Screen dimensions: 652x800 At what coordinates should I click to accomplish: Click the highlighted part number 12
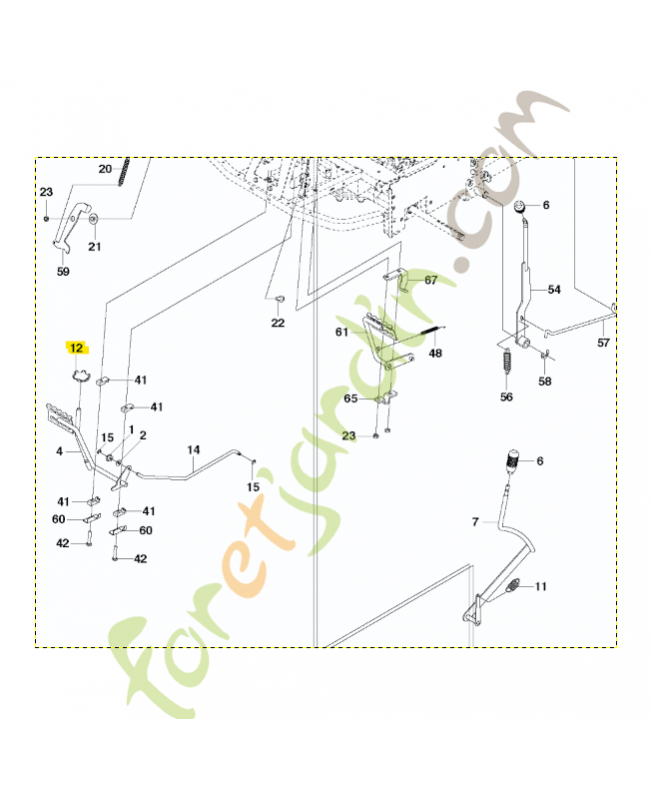(76, 348)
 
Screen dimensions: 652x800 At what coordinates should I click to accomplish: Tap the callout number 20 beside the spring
(105, 169)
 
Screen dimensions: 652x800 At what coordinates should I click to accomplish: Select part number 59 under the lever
(63, 271)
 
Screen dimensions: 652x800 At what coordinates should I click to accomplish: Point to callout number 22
(278, 323)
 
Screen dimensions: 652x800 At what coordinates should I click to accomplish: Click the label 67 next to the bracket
(431, 280)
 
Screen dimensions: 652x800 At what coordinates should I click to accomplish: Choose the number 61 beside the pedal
(342, 332)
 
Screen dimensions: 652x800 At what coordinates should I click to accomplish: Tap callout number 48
(435, 353)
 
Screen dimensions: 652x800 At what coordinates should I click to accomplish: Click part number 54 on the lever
(554, 290)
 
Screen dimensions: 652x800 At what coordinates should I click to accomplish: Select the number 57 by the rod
(604, 343)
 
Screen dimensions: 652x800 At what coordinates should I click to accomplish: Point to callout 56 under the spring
(506, 397)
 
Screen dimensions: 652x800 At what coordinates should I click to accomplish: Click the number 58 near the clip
(545, 381)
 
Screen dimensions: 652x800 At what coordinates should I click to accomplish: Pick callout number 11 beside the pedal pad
(541, 587)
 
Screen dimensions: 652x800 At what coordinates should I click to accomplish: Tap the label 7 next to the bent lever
(475, 522)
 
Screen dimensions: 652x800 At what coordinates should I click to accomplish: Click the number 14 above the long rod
(193, 450)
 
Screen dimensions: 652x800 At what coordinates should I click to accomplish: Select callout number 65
(350, 398)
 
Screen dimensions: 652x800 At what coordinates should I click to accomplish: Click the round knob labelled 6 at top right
(520, 207)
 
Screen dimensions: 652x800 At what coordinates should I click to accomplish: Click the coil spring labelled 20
(124, 172)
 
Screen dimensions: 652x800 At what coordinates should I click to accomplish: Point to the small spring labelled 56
(507, 359)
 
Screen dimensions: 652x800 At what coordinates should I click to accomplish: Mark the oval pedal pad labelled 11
(514, 585)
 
